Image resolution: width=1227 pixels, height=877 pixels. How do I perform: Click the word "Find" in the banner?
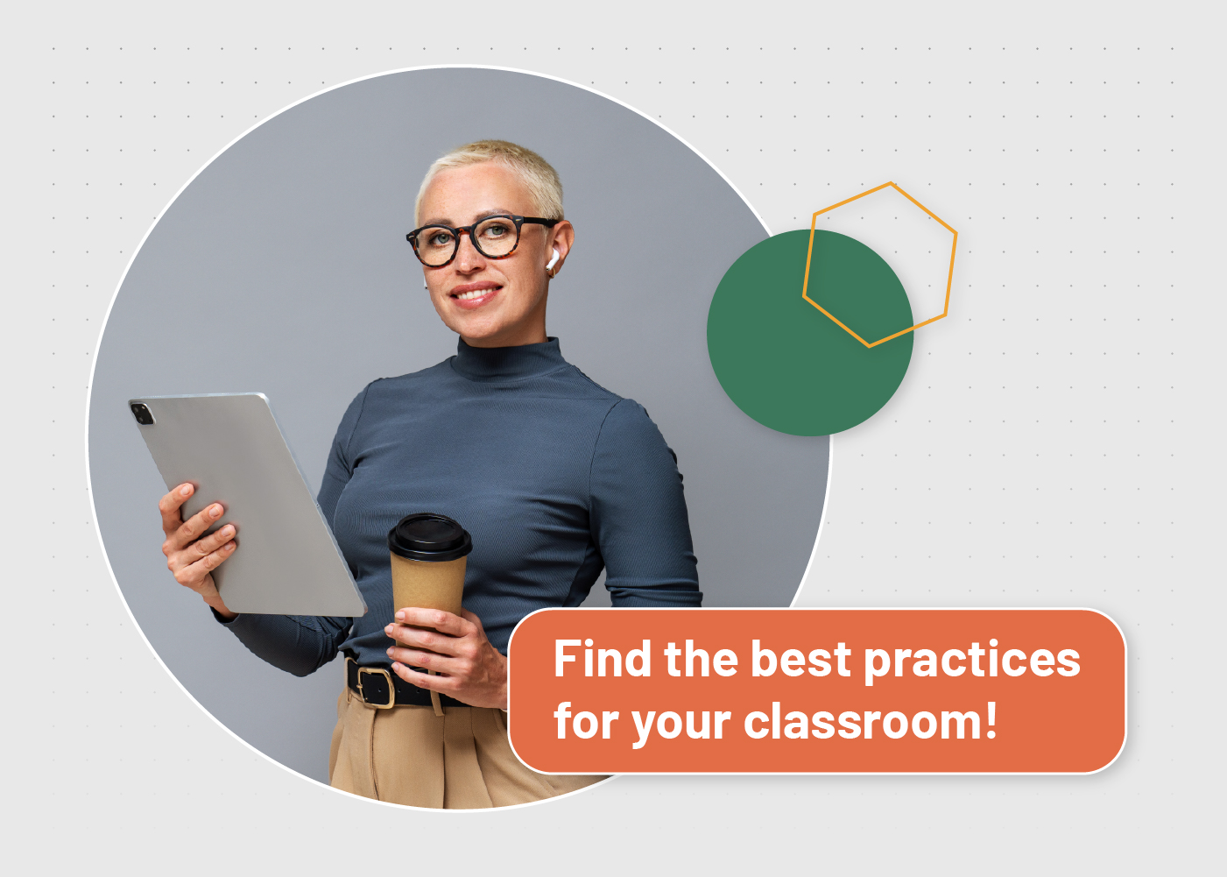coord(603,659)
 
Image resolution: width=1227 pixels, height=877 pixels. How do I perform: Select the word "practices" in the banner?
coord(971,661)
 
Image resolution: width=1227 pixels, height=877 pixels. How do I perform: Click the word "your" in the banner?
coord(680,724)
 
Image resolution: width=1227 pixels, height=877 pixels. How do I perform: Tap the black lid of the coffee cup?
coord(429,536)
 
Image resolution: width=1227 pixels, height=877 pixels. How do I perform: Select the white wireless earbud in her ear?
coord(552,259)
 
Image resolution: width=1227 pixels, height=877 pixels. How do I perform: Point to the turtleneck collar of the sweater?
coord(508,357)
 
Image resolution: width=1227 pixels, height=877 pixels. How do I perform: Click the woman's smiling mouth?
coord(476,294)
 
